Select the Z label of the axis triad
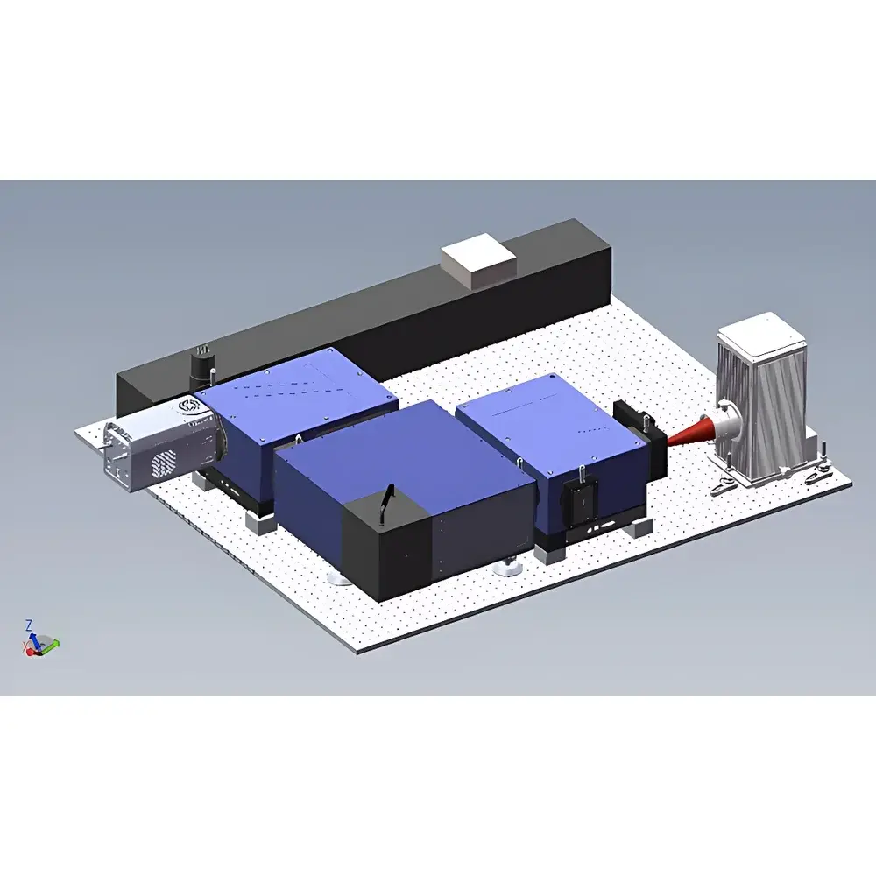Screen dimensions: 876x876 pos(29,625)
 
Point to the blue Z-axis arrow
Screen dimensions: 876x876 pos(32,639)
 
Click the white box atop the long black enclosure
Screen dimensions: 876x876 pos(478,262)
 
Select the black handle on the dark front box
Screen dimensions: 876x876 pos(385,503)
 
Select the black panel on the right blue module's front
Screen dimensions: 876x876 pos(582,500)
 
